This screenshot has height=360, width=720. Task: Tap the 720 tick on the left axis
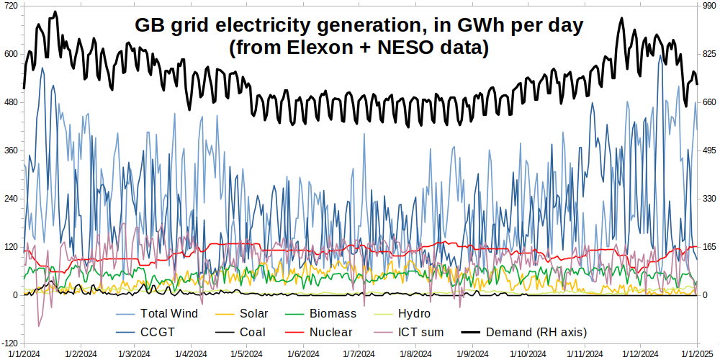[10, 6]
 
